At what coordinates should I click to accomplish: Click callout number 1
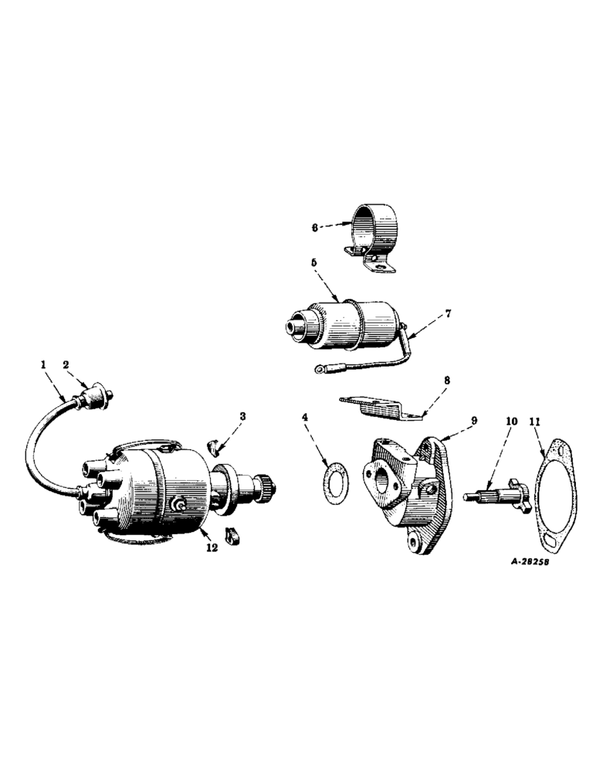click(x=44, y=362)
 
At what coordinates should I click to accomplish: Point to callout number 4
click(x=306, y=418)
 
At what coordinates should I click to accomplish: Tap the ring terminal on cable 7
click(x=318, y=371)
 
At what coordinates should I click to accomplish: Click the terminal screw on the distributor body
click(x=179, y=504)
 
